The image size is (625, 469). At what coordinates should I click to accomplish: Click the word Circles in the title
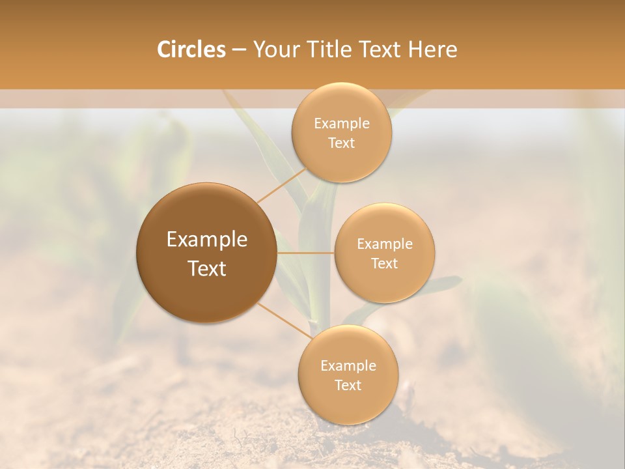tap(191, 50)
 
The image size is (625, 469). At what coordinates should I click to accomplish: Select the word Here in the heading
tap(433, 50)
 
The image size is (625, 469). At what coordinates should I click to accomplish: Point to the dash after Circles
tap(239, 50)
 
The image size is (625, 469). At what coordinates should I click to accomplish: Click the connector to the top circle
tap(282, 184)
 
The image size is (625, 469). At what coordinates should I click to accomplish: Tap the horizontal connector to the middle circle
tap(305, 253)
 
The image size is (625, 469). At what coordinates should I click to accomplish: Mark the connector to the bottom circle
tap(285, 320)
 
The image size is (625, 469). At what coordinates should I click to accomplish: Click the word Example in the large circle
tap(207, 240)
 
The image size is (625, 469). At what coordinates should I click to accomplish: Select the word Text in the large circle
tap(207, 268)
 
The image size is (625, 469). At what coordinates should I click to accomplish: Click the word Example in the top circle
tap(342, 124)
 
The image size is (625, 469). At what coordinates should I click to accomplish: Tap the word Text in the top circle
tap(341, 143)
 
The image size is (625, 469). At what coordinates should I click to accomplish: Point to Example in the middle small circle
tap(385, 244)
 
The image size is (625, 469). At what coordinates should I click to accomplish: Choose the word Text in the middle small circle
tap(384, 264)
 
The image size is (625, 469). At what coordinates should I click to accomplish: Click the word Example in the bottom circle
tap(348, 366)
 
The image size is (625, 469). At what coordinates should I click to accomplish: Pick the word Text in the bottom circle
tap(348, 386)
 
